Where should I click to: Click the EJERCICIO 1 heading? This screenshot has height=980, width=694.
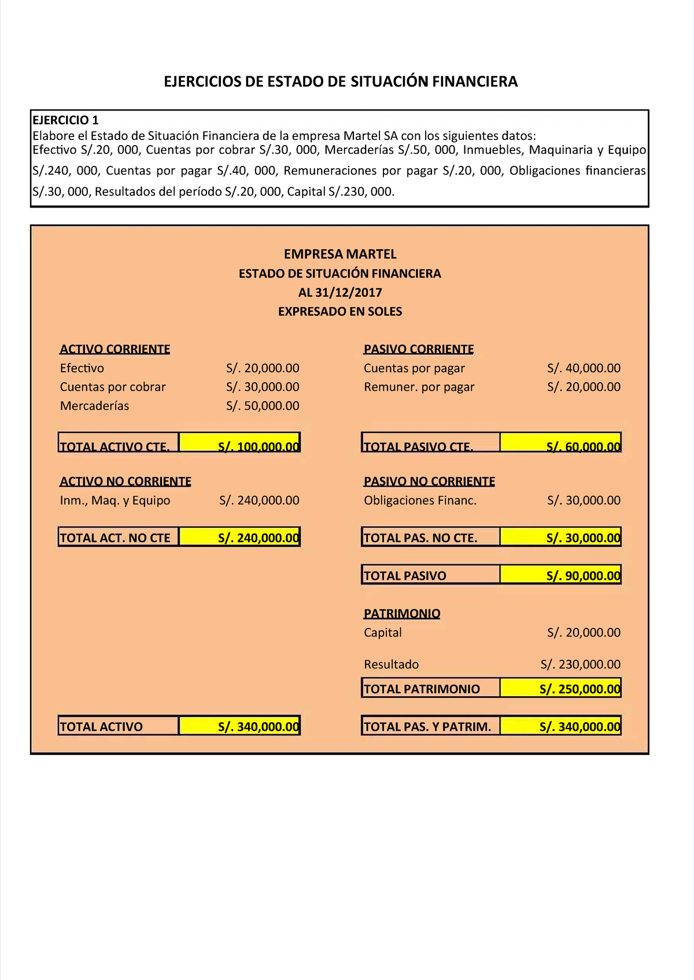click(65, 120)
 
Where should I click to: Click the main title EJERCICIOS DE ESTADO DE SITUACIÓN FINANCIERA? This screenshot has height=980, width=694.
click(341, 82)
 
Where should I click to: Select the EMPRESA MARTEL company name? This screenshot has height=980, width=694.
click(340, 254)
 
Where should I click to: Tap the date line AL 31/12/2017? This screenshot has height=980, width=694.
click(340, 292)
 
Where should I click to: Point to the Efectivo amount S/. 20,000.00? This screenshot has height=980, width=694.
click(263, 368)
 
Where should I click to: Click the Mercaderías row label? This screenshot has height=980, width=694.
click(94, 406)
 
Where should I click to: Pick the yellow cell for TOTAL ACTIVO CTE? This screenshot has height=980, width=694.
click(239, 443)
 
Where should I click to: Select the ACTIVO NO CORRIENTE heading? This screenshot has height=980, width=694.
click(125, 481)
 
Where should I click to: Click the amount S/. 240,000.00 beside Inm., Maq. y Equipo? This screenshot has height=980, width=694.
click(259, 500)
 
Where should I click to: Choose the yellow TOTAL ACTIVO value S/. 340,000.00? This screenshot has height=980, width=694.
click(239, 726)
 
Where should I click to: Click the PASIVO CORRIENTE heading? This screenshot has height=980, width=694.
click(419, 349)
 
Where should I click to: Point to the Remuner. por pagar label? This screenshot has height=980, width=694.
click(419, 387)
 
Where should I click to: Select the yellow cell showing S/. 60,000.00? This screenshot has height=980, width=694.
click(560, 443)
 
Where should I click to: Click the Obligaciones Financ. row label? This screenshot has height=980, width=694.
click(420, 500)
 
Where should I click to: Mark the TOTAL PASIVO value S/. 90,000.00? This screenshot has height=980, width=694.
click(560, 575)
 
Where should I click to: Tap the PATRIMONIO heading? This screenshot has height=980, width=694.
click(402, 613)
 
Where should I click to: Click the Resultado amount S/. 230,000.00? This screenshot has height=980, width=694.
click(580, 664)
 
